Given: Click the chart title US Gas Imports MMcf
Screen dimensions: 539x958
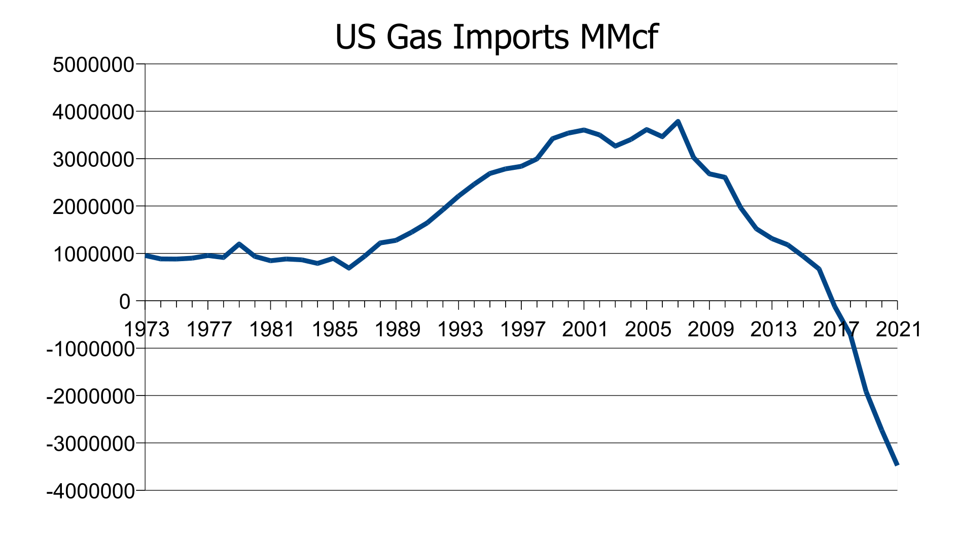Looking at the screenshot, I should [496, 38].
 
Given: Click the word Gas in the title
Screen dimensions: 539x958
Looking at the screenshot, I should [413, 38].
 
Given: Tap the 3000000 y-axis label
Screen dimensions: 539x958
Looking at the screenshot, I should [94, 160].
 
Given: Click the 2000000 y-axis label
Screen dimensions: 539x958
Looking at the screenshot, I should [94, 207].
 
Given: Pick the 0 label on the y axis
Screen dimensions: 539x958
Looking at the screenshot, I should [125, 302].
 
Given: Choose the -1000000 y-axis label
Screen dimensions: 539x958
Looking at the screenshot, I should [90, 349].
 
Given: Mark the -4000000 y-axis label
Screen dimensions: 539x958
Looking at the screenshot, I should [90, 491].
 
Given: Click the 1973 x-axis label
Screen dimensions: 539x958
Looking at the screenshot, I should [147, 330].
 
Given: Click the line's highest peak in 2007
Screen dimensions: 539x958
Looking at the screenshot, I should [678, 122].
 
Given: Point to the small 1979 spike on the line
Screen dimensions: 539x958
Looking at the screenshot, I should [239, 244].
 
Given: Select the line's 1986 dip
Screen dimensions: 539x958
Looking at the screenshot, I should [349, 268].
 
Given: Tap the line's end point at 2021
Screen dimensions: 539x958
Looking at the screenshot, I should [897, 464].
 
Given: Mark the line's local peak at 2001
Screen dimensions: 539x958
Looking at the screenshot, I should [584, 130].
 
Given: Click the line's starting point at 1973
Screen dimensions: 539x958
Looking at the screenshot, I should [146, 256].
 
